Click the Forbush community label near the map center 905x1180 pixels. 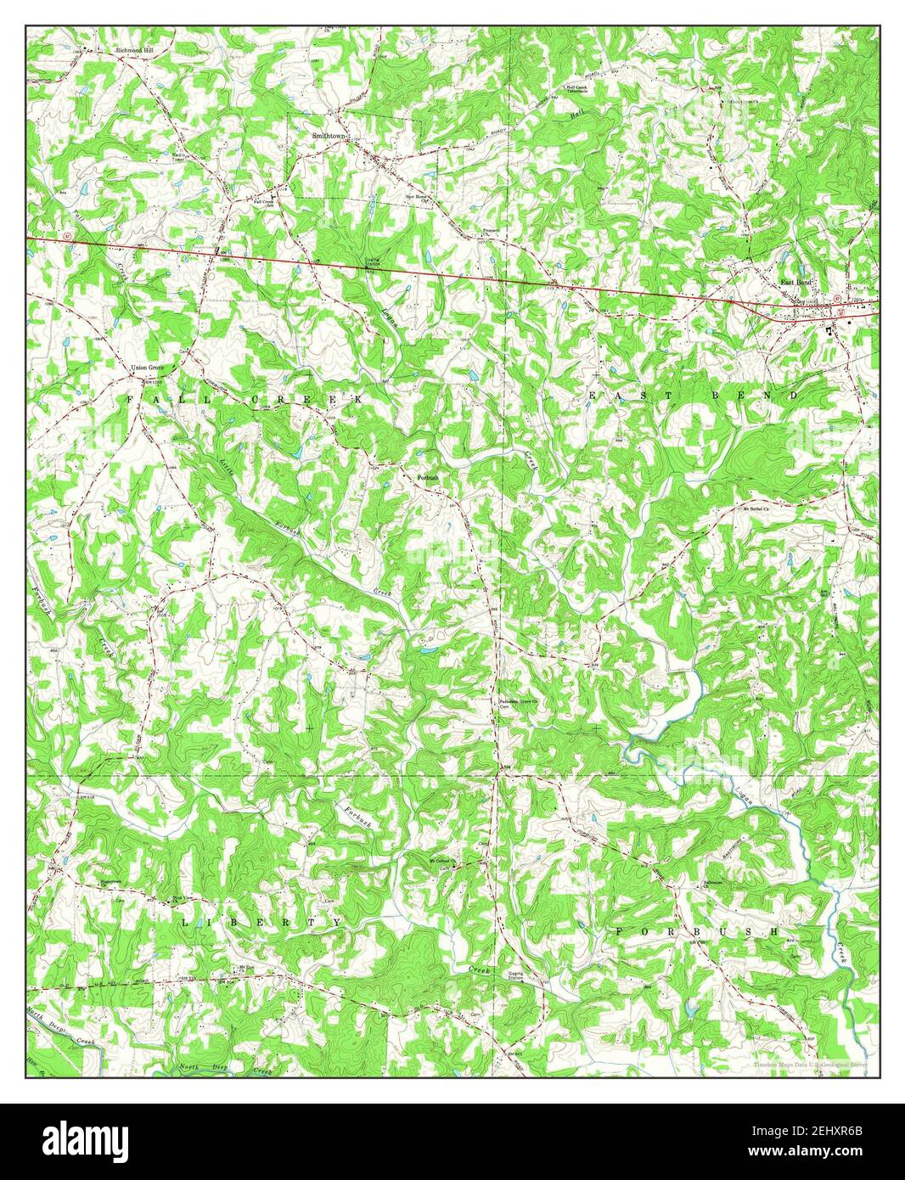427,478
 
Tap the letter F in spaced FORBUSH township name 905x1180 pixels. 619,932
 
